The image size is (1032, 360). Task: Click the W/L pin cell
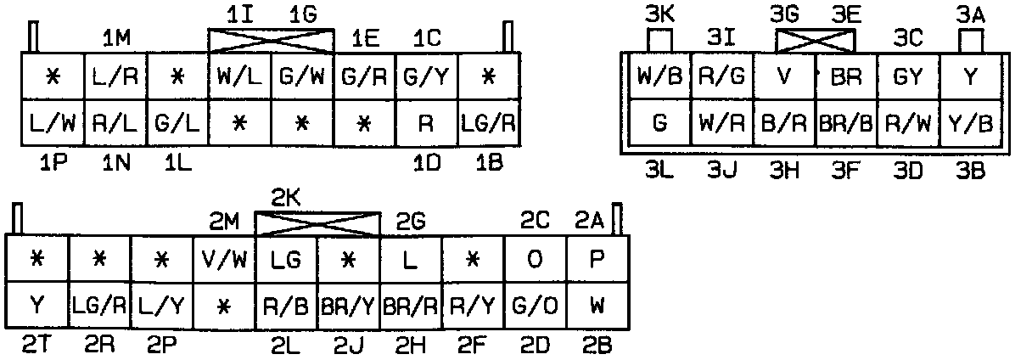coord(240,76)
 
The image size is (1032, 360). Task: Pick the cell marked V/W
coord(224,259)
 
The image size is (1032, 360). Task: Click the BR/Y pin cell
coord(349,306)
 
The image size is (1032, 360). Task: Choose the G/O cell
coord(535,306)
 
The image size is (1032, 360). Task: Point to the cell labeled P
coord(597,259)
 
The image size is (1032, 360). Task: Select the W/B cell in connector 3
coord(659,76)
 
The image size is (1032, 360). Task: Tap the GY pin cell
coord(907,76)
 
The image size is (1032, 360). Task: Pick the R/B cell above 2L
coord(286,306)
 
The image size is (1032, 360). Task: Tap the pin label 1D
coord(427,163)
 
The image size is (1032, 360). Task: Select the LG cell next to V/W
coord(286,259)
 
